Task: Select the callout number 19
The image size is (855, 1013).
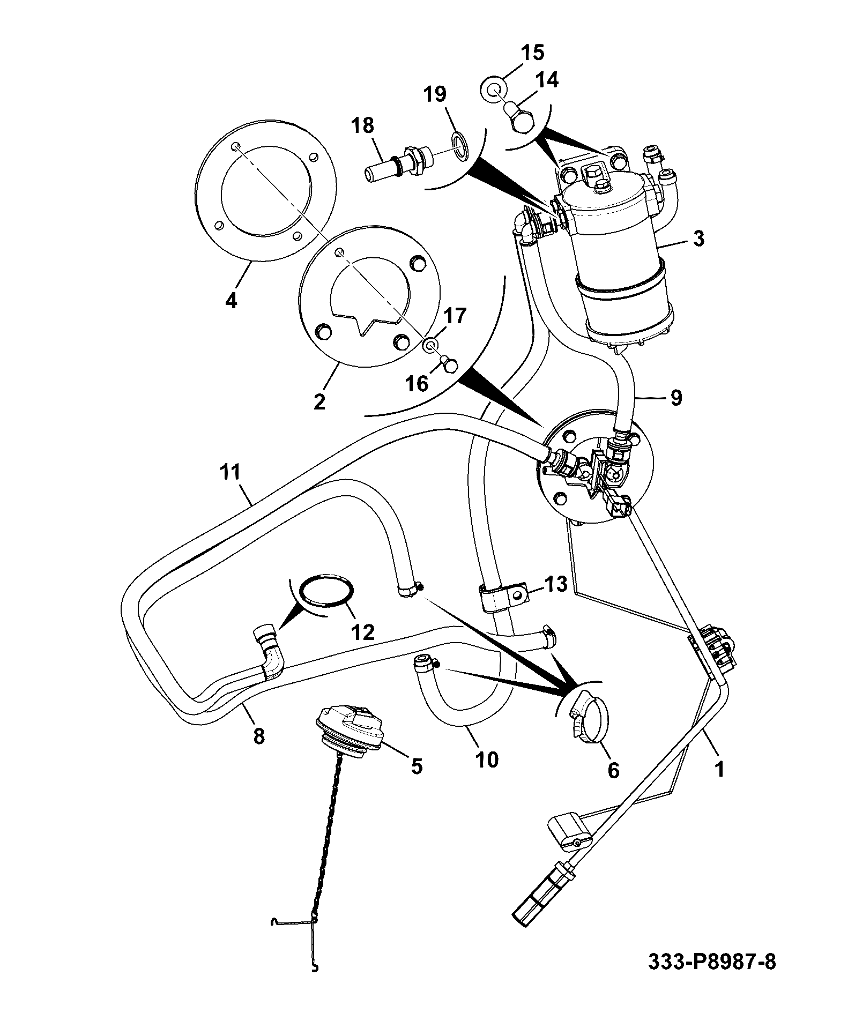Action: pyautogui.click(x=435, y=94)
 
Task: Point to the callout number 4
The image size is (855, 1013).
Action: pyautogui.click(x=231, y=301)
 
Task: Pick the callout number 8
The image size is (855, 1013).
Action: pyautogui.click(x=259, y=736)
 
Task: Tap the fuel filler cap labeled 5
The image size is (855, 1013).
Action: pyautogui.click(x=349, y=732)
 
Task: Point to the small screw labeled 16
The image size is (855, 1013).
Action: pyautogui.click(x=449, y=364)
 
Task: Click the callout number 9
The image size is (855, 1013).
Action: pyautogui.click(x=675, y=398)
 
